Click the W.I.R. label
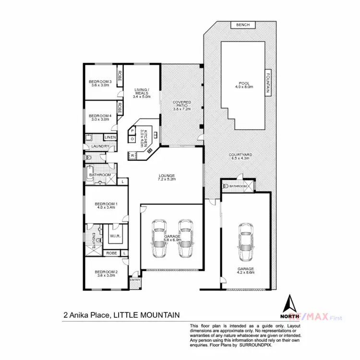pyautogui.click(x=114, y=236)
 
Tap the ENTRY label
pyautogui.click(x=134, y=280)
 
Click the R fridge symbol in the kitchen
pyautogui.click(x=132, y=156)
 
